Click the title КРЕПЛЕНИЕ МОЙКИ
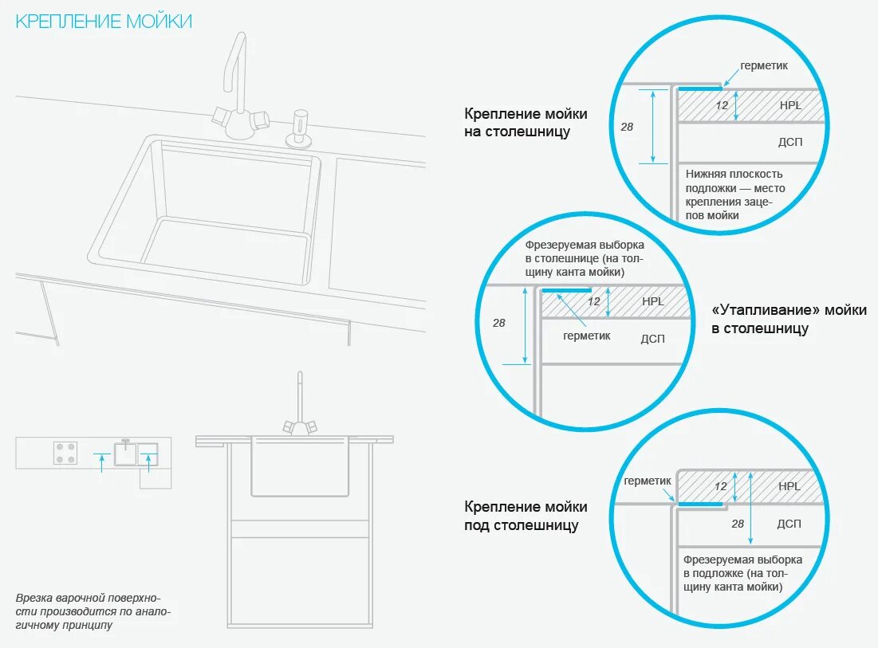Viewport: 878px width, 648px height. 104,22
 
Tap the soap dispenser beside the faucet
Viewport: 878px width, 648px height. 300,128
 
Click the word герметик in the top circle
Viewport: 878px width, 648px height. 764,65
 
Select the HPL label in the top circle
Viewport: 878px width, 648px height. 789,104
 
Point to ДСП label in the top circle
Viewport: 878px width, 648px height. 789,142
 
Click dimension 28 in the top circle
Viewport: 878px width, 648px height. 627,126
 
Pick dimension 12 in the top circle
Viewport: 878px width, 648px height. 722,105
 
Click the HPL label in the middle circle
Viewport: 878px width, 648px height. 653,301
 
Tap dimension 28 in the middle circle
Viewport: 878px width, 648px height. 499,323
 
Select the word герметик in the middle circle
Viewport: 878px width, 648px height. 586,336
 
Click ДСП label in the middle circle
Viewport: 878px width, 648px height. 652,339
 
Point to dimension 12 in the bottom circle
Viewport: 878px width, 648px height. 721,486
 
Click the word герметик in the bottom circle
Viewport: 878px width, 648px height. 648,481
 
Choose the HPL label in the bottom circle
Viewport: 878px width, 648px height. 789,486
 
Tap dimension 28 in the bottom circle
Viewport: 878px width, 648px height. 738,524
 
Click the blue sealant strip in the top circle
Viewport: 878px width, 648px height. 699,88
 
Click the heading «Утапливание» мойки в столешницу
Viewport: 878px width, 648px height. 788,319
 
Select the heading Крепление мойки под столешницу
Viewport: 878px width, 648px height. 526,516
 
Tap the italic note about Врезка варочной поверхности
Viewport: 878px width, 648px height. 93,611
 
